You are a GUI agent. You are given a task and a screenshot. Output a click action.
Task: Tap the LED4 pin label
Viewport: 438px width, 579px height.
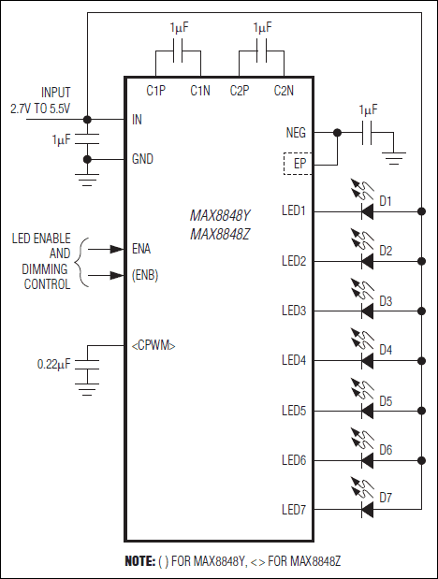(x=294, y=360)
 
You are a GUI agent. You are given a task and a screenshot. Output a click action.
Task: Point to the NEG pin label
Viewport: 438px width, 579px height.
(x=296, y=133)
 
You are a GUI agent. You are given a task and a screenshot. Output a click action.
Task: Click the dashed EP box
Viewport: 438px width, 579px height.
(x=299, y=165)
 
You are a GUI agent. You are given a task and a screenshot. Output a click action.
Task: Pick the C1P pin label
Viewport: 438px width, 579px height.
(x=156, y=91)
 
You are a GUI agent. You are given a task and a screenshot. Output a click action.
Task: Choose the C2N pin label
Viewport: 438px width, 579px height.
(x=284, y=91)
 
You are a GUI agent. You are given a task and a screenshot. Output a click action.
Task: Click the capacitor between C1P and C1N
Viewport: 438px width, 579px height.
(x=178, y=51)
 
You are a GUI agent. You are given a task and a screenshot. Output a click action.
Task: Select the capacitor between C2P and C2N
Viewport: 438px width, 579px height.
(x=262, y=51)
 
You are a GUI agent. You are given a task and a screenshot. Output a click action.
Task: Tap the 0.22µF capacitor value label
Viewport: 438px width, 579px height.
(x=53, y=362)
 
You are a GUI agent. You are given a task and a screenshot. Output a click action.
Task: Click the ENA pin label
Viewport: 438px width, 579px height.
(x=142, y=249)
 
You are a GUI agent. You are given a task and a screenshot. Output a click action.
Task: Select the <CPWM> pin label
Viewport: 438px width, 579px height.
(x=153, y=346)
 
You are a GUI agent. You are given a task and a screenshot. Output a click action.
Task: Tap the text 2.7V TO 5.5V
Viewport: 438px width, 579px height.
(x=41, y=108)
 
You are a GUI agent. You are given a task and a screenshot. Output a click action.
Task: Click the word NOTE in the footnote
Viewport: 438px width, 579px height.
(x=139, y=561)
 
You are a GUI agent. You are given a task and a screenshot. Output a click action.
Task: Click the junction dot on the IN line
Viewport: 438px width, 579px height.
(x=87, y=119)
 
